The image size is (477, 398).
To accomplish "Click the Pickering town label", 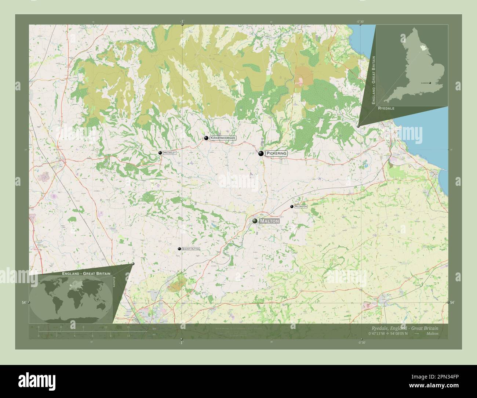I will [276, 153].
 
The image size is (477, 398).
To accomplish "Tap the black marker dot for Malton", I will [255, 221].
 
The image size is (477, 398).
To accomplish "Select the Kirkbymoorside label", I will [223, 138].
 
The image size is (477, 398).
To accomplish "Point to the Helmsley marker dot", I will [160, 153].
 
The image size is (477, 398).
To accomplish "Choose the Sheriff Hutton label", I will [191, 249].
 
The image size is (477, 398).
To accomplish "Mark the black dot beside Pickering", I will [261, 154].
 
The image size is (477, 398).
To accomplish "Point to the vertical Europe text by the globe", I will [114, 285].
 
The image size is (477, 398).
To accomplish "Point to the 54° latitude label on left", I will [23, 303].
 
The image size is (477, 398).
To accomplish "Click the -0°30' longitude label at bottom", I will [361, 343].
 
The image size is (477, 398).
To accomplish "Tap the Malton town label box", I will [269, 221].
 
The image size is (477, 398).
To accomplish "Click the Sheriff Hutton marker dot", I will [179, 249].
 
